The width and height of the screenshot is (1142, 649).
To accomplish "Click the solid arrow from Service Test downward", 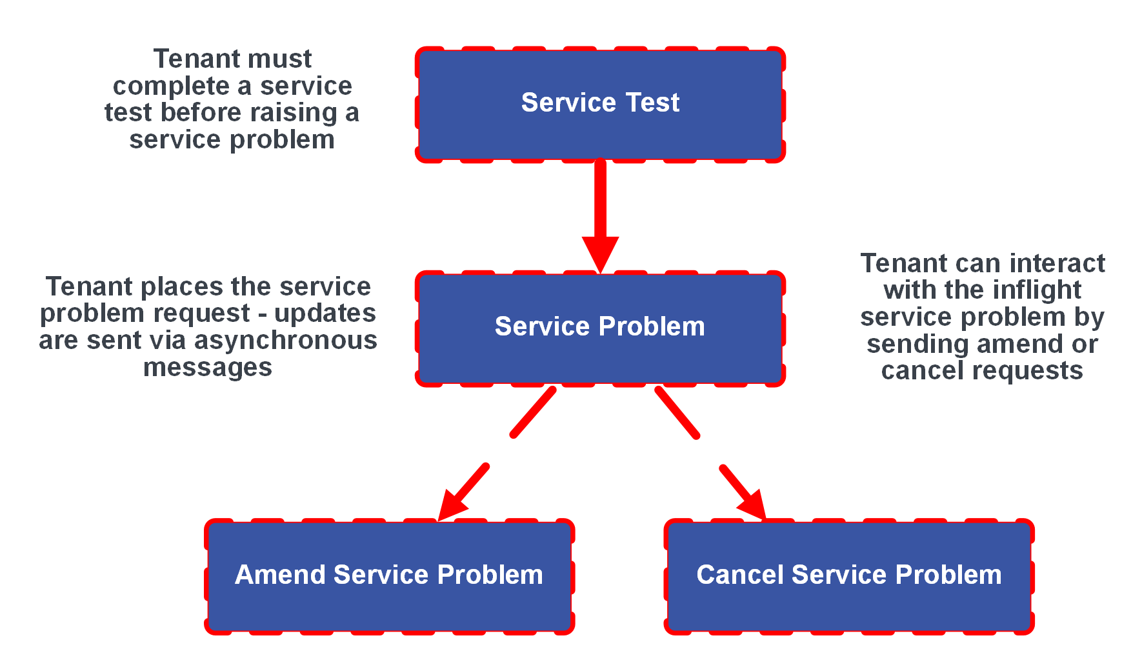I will pyautogui.click(x=600, y=200).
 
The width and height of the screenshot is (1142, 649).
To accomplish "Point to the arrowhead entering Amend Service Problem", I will pyautogui.click(x=452, y=506).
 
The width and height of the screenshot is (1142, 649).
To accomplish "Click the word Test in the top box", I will pyautogui.click(x=652, y=103).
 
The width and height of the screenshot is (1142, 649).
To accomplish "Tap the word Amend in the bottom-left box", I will pyautogui.click(x=281, y=575).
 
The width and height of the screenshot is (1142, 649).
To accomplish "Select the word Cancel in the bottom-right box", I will pyautogui.click(x=740, y=575).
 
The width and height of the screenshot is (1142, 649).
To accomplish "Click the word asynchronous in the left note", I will pyautogui.click(x=285, y=341).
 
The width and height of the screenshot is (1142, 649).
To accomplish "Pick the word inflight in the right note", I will pyautogui.click(x=1037, y=290).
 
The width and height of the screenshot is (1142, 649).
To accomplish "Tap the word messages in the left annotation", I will pyautogui.click(x=207, y=368).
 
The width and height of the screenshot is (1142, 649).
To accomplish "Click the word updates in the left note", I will pyautogui.click(x=325, y=314).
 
